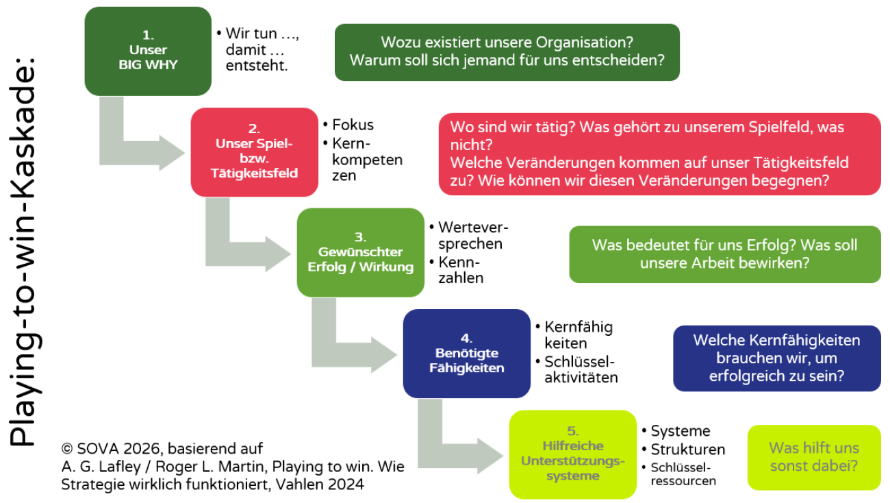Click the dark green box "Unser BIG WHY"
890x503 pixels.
click(148, 51)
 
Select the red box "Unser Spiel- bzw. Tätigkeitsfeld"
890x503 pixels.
click(254, 152)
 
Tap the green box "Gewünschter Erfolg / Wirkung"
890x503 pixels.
click(360, 253)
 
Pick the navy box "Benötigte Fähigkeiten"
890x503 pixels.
click(466, 354)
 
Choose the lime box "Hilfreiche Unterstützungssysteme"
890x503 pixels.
click(572, 454)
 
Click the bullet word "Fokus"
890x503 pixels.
click(353, 125)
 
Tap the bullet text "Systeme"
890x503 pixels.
click(680, 431)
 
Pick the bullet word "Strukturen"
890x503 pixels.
click(687, 450)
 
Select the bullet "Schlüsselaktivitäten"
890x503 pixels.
click(581, 369)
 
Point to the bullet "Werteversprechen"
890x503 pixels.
click(473, 235)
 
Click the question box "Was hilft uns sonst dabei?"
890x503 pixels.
click(814, 457)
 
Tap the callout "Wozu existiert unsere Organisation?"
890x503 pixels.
click(507, 42)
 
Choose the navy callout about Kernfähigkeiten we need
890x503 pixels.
click(776, 358)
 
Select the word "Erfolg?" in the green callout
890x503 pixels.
click(769, 245)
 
